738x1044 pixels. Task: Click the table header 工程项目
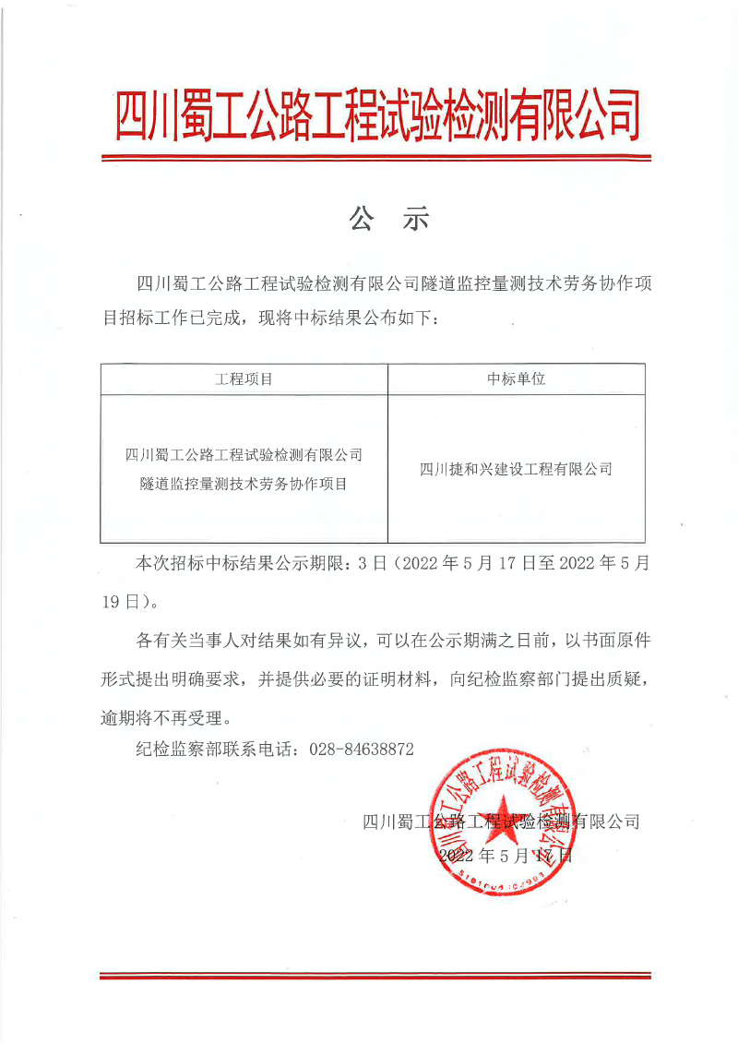click(x=244, y=379)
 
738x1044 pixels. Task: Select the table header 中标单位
click(x=517, y=379)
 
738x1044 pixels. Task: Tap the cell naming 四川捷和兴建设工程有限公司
click(x=516, y=469)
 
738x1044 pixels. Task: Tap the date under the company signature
click(x=506, y=856)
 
